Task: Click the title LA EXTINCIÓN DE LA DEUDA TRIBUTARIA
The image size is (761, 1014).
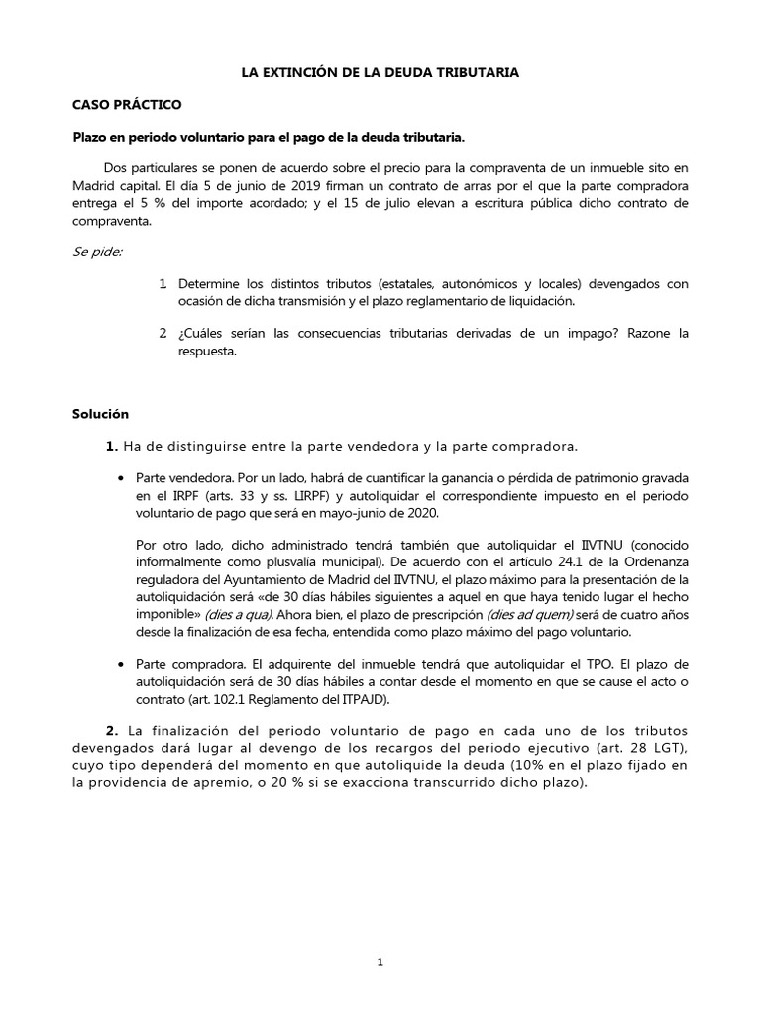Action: click(x=380, y=73)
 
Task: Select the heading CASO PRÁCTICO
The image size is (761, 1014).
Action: click(x=128, y=104)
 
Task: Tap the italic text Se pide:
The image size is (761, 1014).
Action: click(x=97, y=252)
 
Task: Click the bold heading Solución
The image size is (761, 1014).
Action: click(x=101, y=413)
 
